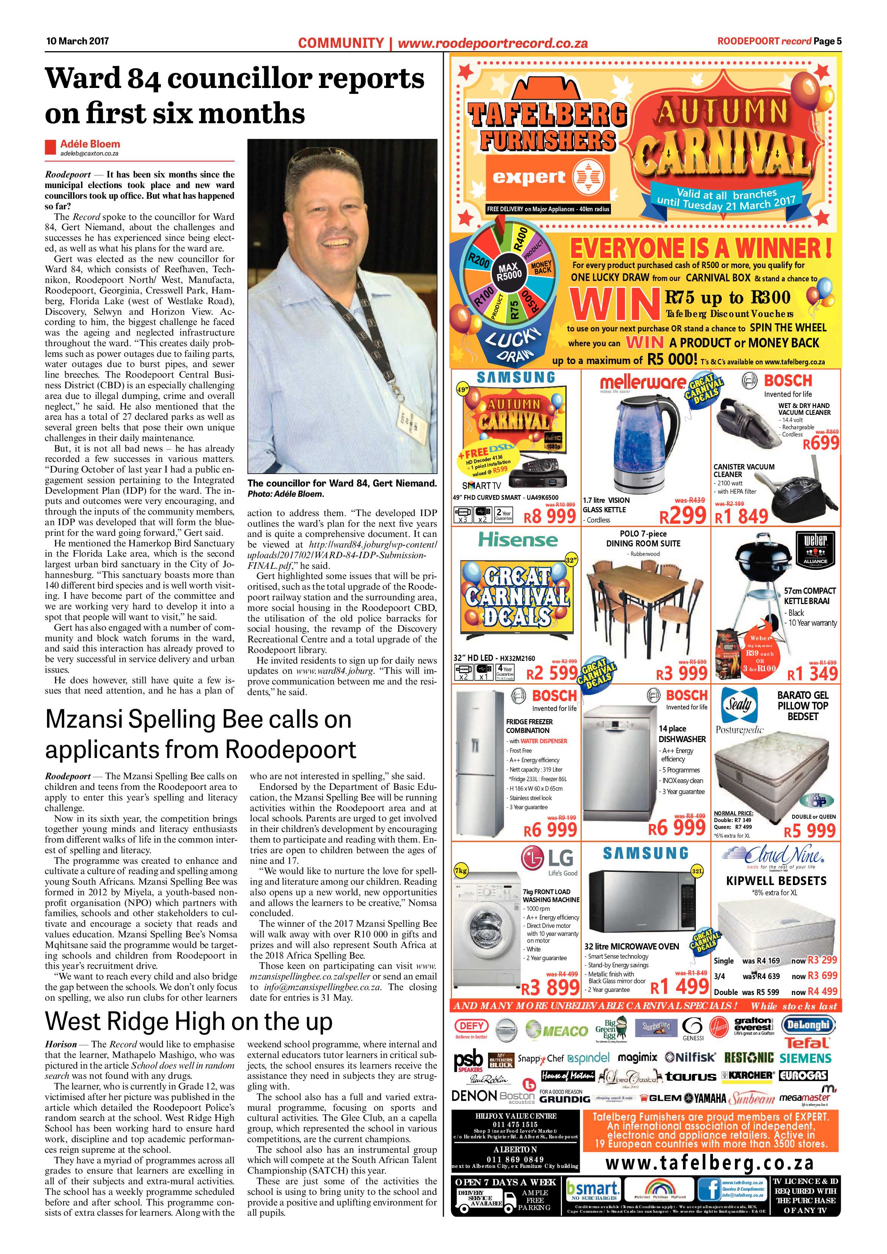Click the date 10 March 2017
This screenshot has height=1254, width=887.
click(77, 41)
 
